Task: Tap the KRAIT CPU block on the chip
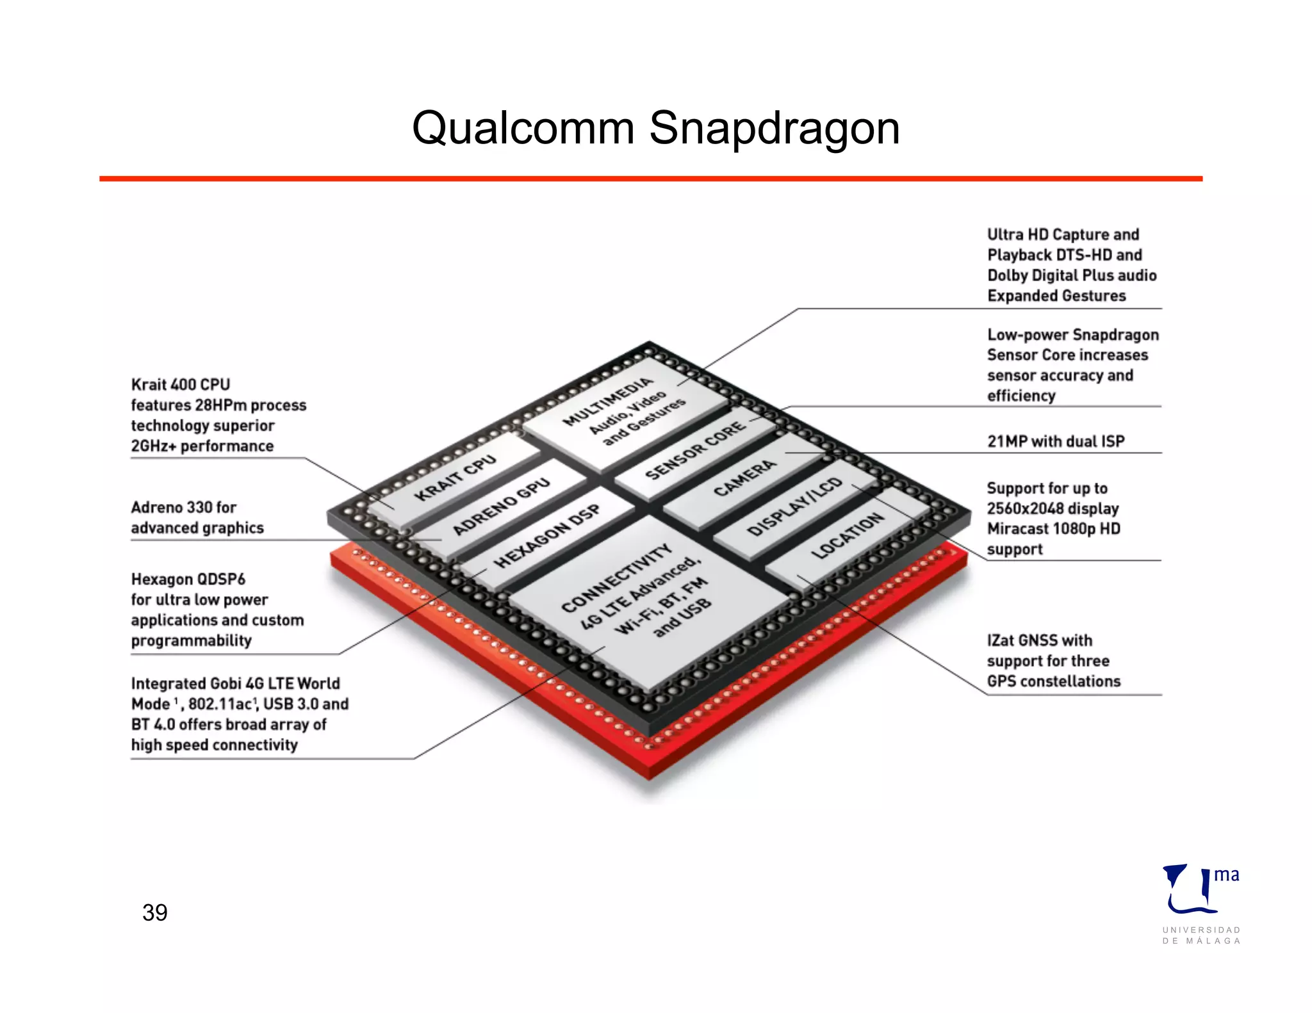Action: (x=455, y=478)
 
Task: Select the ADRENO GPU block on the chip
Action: (x=501, y=506)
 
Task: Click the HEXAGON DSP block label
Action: (x=547, y=536)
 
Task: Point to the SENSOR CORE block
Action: (x=695, y=450)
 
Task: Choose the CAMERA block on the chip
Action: (x=745, y=478)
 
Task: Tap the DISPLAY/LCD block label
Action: (x=794, y=506)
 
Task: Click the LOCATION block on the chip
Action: (x=847, y=535)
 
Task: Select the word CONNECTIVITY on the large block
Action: (x=616, y=578)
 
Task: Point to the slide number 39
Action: (x=155, y=912)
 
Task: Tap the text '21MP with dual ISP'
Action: (x=1055, y=441)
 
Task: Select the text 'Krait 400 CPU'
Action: (x=181, y=384)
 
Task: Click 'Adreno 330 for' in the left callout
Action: (x=184, y=507)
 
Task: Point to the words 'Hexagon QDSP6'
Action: (x=188, y=579)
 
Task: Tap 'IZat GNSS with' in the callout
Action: (x=1039, y=640)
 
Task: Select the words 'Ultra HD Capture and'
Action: (x=1063, y=234)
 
